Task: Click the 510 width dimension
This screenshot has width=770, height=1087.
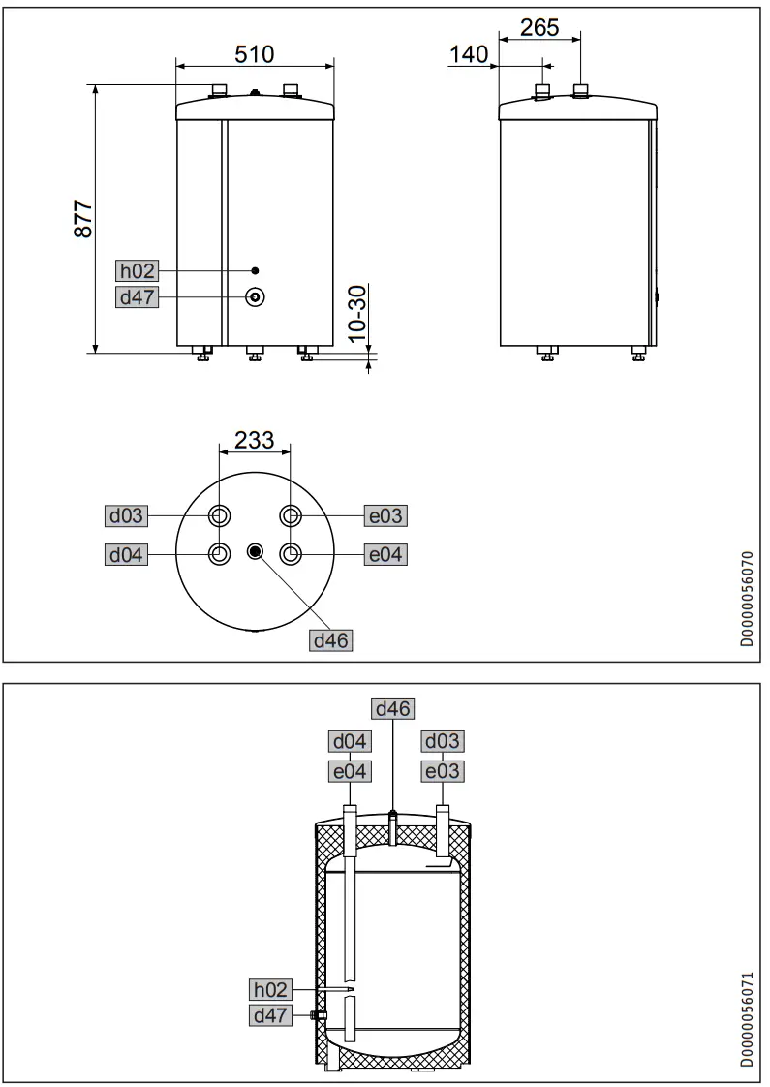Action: [x=255, y=52]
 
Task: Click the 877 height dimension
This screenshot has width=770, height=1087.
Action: [x=83, y=220]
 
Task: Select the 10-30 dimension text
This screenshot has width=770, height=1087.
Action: [x=356, y=313]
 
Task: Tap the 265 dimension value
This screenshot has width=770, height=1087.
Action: [x=539, y=27]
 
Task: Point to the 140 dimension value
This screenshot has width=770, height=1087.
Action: [x=470, y=55]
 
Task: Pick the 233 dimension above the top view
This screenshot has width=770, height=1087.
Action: [x=255, y=440]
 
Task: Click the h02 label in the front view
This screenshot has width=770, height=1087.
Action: [x=137, y=271]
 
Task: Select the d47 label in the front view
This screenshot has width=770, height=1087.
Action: [x=137, y=296]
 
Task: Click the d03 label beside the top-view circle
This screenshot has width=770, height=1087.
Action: [x=127, y=515]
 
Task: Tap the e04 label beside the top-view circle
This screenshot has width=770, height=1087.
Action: [x=385, y=554]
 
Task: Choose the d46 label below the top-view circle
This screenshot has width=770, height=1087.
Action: [x=330, y=640]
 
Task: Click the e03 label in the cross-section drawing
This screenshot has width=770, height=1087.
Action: [x=442, y=771]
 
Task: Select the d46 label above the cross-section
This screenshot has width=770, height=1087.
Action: [x=393, y=709]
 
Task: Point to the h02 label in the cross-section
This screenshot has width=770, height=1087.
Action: [x=270, y=989]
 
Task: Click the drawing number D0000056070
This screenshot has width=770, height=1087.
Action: [x=746, y=599]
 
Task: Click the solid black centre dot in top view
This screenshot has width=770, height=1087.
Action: [x=255, y=552]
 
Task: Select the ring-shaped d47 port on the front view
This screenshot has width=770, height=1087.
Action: [x=255, y=296]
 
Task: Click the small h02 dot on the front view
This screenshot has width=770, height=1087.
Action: [x=255, y=270]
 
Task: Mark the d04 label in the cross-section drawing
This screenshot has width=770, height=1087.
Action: [x=350, y=742]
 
